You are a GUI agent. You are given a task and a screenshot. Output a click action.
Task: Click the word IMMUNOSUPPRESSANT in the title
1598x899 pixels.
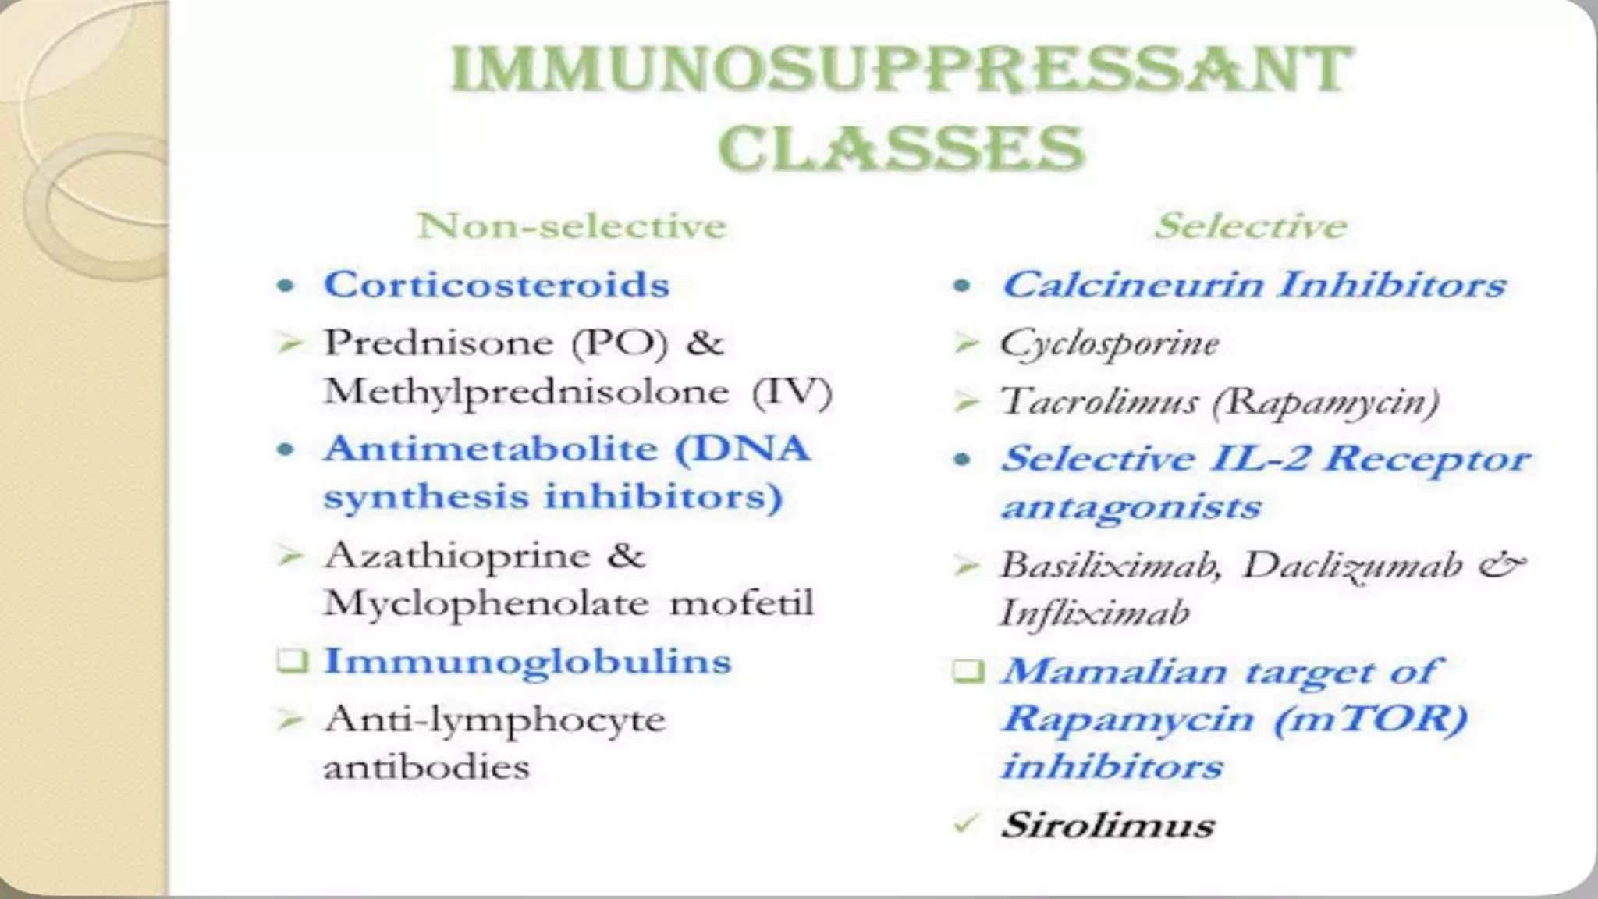tap(901, 70)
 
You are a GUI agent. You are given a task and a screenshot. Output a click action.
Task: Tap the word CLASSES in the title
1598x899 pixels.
tap(901, 148)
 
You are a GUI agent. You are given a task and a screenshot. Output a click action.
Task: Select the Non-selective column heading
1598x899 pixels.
tap(572, 226)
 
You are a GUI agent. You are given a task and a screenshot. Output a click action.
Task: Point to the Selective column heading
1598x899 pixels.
tap(1251, 226)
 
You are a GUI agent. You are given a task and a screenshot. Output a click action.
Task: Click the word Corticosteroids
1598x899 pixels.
tap(496, 284)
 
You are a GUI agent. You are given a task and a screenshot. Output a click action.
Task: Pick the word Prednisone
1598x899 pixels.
tap(439, 343)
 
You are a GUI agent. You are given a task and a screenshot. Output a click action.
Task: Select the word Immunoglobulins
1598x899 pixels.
tap(527, 662)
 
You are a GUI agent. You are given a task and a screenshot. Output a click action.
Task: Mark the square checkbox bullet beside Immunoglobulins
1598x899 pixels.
tap(292, 662)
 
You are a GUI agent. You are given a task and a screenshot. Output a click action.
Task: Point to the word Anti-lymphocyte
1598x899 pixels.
tap(495, 720)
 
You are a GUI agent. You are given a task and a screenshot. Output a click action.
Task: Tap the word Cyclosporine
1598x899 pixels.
tap(1110, 343)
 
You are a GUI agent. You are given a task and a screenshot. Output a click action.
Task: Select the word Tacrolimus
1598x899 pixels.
tap(1099, 402)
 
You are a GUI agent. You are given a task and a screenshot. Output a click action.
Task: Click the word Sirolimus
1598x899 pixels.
tap(1108, 826)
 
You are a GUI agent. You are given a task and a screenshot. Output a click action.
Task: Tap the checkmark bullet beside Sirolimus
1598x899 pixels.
tap(966, 824)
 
